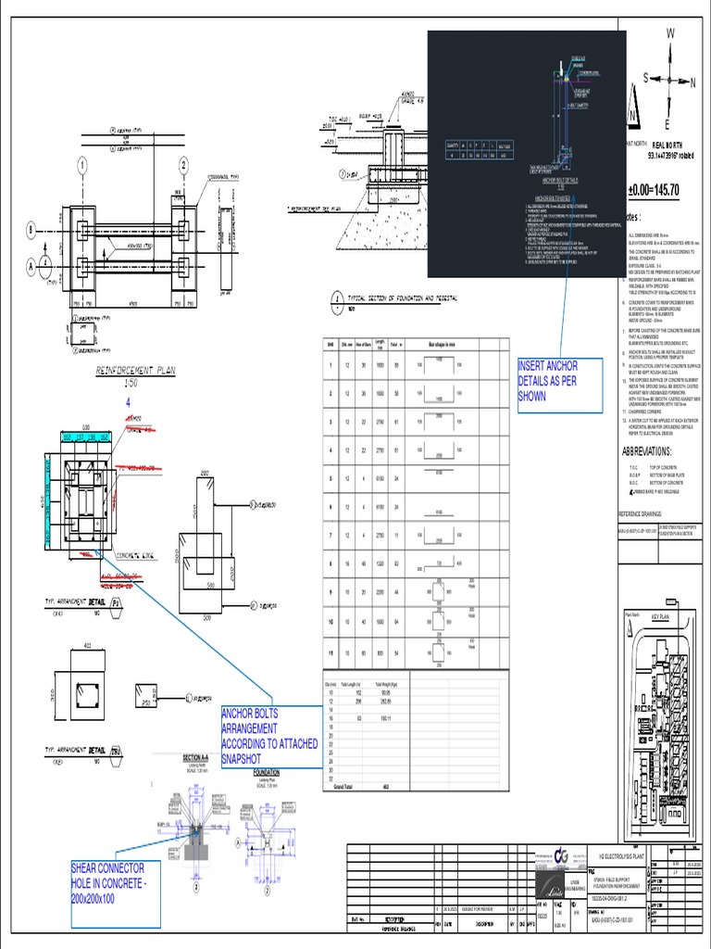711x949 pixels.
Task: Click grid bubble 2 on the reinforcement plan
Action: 184,165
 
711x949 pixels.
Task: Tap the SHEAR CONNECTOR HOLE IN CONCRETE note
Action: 115,881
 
